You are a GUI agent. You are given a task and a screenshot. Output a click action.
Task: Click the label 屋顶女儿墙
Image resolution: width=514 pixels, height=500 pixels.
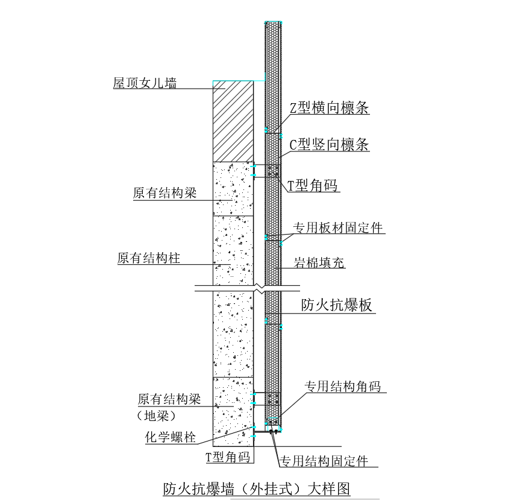(x=145, y=83)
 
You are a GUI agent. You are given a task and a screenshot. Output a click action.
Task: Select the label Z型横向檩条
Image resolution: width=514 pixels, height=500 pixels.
(x=329, y=109)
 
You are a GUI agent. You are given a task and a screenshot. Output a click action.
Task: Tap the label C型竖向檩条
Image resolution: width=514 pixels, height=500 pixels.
(x=329, y=145)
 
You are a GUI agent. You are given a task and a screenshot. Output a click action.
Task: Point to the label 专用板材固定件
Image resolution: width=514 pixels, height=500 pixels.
(x=338, y=228)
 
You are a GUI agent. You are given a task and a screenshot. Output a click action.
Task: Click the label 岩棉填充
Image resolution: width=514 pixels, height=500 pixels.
(x=319, y=263)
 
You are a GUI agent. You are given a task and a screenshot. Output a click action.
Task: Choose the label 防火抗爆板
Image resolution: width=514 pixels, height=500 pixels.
(x=337, y=305)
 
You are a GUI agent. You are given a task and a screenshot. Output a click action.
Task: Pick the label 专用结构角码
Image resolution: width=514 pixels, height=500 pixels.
(x=342, y=387)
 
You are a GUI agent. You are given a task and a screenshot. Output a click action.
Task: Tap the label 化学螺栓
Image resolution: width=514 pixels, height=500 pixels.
(x=171, y=437)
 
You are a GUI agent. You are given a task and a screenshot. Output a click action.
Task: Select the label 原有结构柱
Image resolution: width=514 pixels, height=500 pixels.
(x=149, y=258)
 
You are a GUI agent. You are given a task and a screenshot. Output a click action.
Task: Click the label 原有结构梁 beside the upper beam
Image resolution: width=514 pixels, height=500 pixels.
(x=165, y=193)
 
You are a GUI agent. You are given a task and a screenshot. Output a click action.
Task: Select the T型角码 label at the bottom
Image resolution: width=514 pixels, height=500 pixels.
(x=228, y=457)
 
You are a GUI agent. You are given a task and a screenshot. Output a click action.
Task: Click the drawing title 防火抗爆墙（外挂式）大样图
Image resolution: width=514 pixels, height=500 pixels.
(x=257, y=487)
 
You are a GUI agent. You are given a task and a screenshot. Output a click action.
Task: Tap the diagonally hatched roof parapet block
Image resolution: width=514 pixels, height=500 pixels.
(x=233, y=121)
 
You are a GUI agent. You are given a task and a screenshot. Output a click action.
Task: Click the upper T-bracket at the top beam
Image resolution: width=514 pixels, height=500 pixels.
(x=259, y=171)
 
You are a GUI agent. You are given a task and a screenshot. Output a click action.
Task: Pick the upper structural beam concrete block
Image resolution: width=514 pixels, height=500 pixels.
(x=233, y=189)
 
